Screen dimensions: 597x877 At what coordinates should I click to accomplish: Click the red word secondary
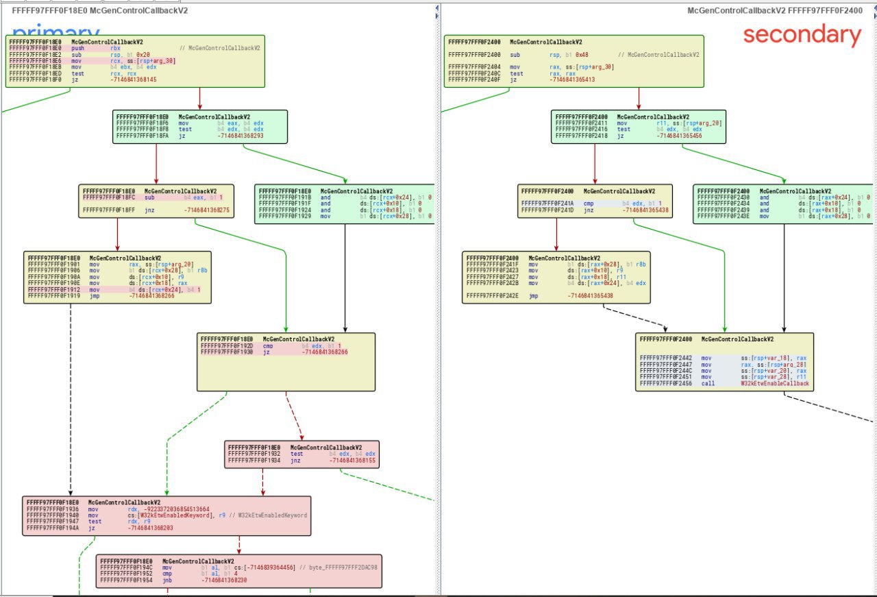[802, 34]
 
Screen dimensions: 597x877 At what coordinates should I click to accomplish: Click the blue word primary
[55, 32]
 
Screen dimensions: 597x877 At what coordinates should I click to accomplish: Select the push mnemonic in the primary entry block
[79, 49]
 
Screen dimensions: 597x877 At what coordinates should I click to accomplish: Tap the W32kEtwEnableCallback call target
[775, 383]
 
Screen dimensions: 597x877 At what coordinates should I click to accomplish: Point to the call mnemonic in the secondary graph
[706, 383]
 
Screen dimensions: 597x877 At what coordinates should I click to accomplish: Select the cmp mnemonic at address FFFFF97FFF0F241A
[589, 204]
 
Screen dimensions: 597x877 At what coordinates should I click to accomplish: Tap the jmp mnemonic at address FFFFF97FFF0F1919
[94, 295]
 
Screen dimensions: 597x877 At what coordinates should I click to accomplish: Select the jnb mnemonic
[167, 581]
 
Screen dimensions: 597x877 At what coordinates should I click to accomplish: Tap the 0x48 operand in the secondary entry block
[572, 54]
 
